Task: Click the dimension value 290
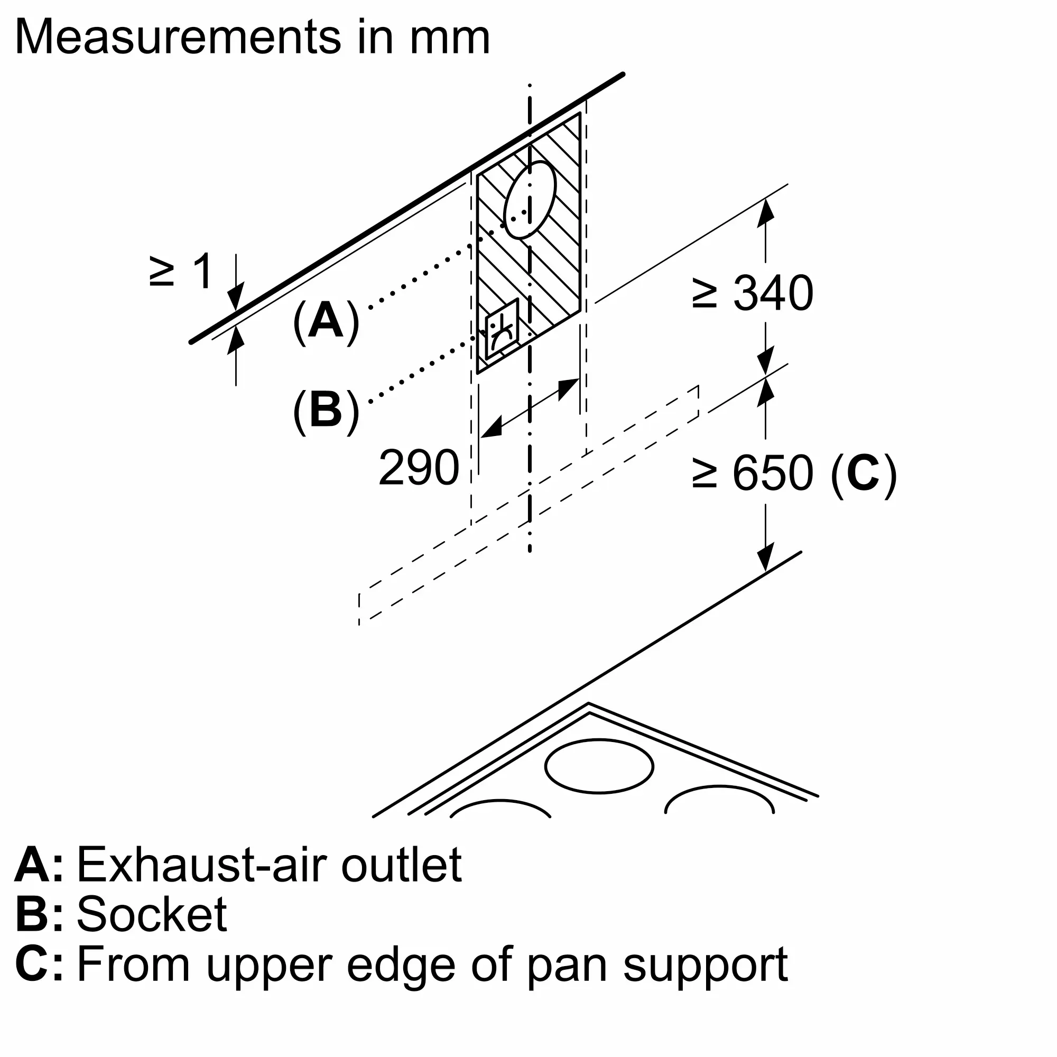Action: pyautogui.click(x=419, y=467)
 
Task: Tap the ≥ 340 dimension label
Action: pyautogui.click(x=752, y=294)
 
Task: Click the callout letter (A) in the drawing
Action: pyautogui.click(x=326, y=321)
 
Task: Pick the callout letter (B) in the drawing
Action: pyautogui.click(x=326, y=410)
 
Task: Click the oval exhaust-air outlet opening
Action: pyautogui.click(x=530, y=200)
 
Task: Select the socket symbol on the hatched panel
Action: pyautogui.click(x=502, y=329)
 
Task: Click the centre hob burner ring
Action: pyautogui.click(x=599, y=766)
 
